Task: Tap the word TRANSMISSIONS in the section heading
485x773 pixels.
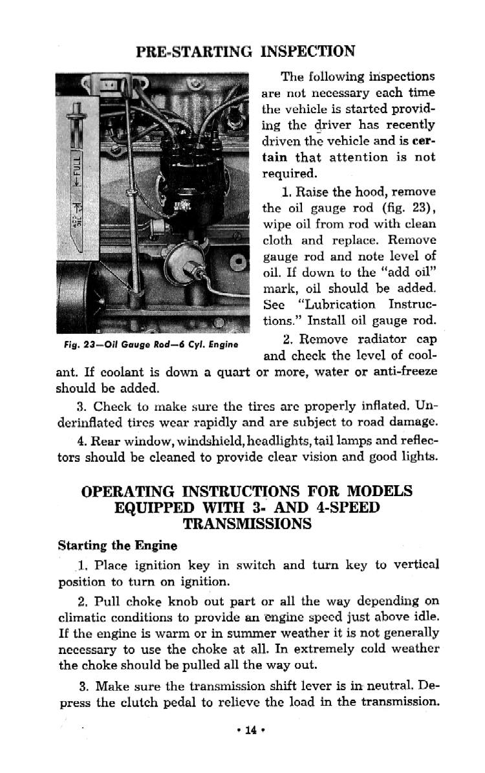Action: point(247,524)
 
